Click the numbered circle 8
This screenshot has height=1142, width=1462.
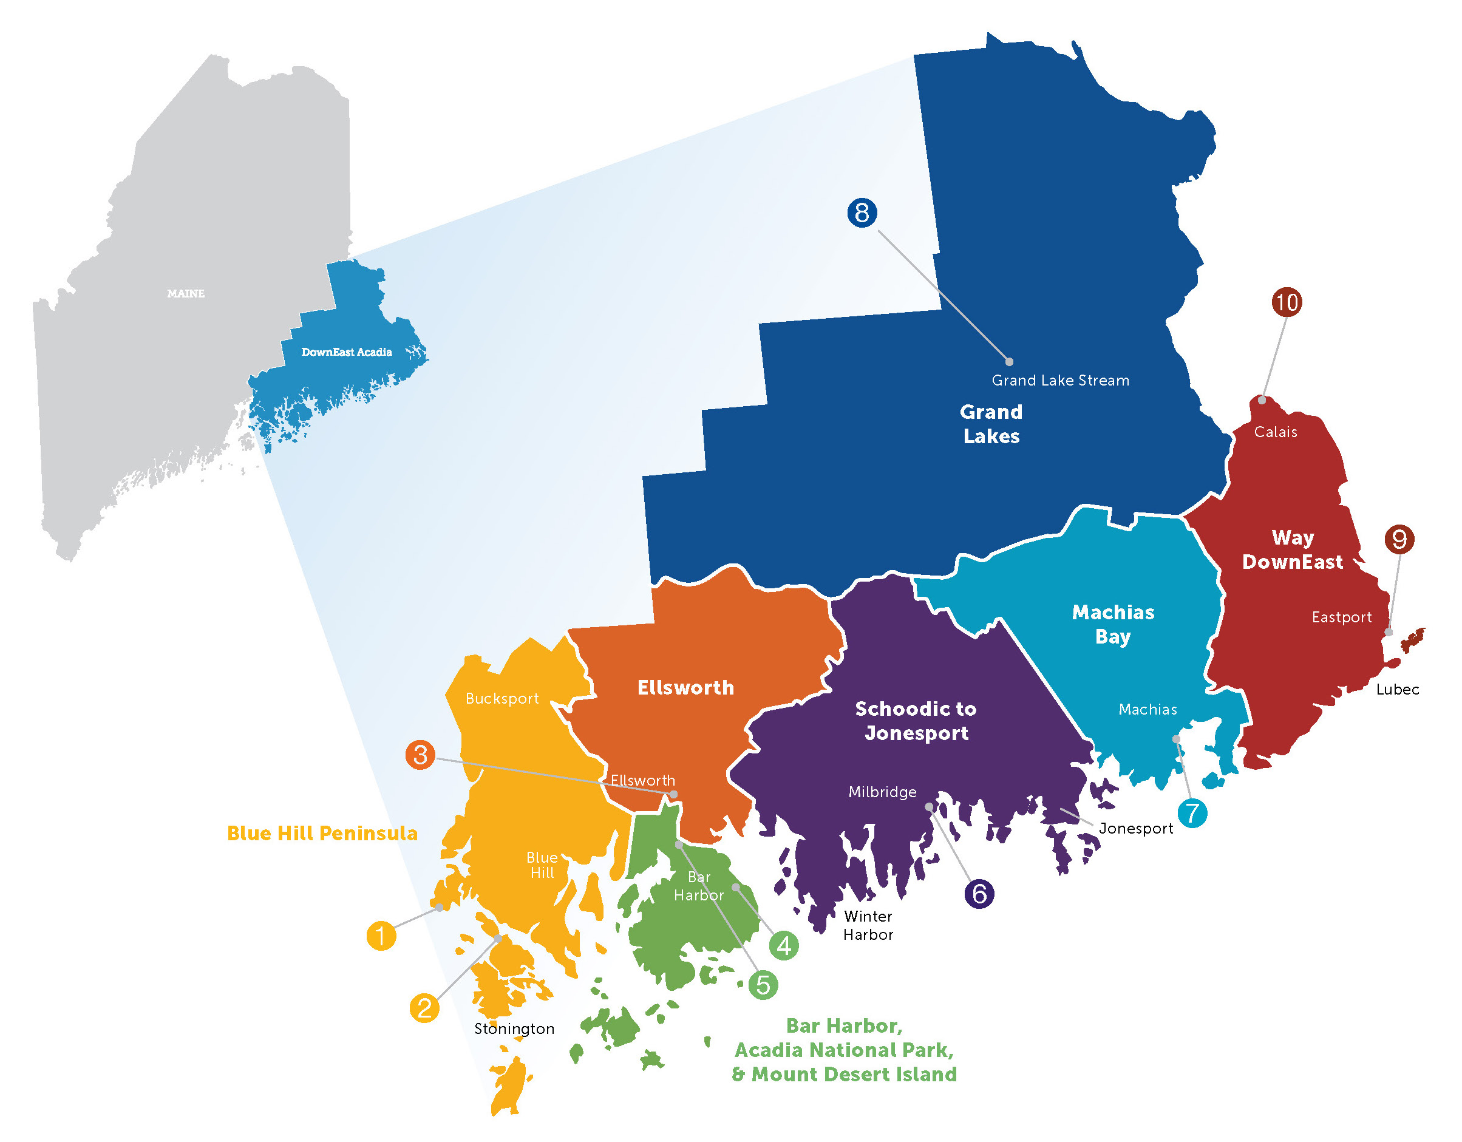pyautogui.click(x=862, y=213)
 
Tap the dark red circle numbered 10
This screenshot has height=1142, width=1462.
pyautogui.click(x=1286, y=302)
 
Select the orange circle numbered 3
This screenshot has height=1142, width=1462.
pyautogui.click(x=420, y=755)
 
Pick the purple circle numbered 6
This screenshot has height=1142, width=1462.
pyautogui.click(x=979, y=894)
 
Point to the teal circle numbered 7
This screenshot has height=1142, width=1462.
pyautogui.click(x=1192, y=814)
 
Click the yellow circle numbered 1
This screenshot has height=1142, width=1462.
pyautogui.click(x=381, y=935)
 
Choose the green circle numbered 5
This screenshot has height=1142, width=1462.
pyautogui.click(x=763, y=985)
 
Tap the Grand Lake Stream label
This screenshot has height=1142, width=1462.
pyautogui.click(x=1060, y=380)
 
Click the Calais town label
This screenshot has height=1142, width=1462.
pyautogui.click(x=1275, y=432)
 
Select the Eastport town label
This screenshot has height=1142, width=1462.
pyautogui.click(x=1342, y=617)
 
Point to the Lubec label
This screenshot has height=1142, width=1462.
pyautogui.click(x=1398, y=690)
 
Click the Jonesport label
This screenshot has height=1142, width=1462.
pyautogui.click(x=1136, y=828)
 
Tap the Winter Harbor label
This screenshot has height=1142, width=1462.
pyautogui.click(x=868, y=925)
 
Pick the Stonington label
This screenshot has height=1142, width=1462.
pyautogui.click(x=514, y=1028)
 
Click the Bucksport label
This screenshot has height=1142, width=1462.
pyautogui.click(x=502, y=698)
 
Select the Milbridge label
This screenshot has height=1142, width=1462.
pyautogui.click(x=882, y=792)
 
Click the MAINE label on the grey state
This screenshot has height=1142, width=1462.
pyautogui.click(x=186, y=293)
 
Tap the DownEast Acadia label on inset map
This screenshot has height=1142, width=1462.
pyautogui.click(x=346, y=352)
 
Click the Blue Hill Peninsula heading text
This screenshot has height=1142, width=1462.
pyautogui.click(x=322, y=833)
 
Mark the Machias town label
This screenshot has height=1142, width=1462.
pyautogui.click(x=1147, y=709)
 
